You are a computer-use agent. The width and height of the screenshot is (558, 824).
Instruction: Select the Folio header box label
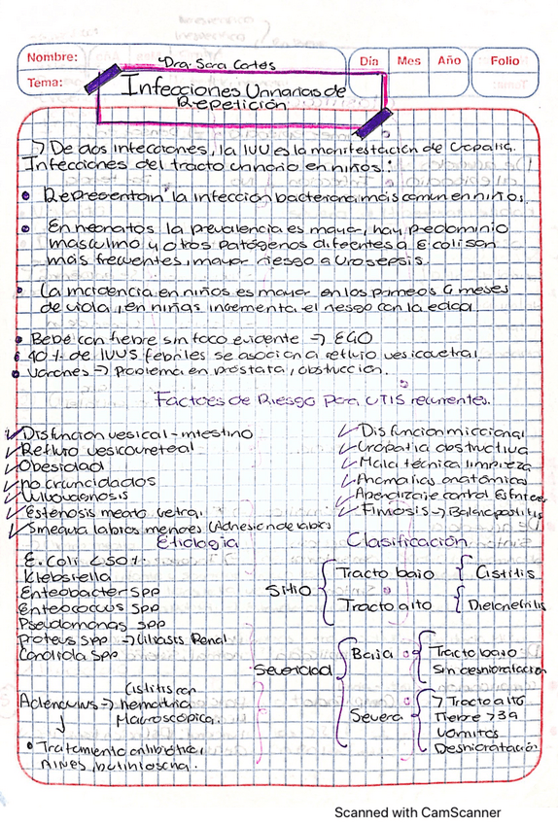[506, 60]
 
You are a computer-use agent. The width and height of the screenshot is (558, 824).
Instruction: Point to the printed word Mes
[407, 60]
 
